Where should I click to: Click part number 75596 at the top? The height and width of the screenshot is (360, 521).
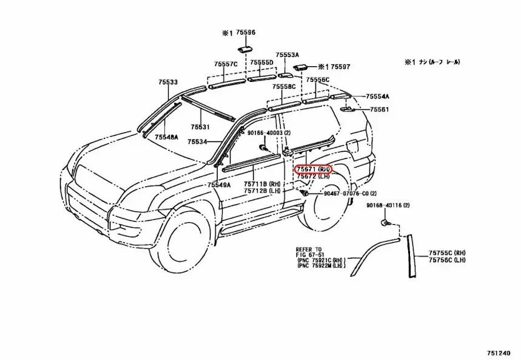click(246, 34)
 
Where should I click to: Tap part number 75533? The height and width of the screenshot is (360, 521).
click(168, 82)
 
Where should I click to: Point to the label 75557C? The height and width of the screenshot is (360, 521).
click(225, 64)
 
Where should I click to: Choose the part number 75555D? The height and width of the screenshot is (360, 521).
click(261, 63)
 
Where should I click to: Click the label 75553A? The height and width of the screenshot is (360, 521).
click(287, 54)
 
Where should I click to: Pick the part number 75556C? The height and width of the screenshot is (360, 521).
click(317, 80)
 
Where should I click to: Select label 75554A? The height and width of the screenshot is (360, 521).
click(377, 97)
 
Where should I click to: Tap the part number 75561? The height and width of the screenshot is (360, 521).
click(379, 109)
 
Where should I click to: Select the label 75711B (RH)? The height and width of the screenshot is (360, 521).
click(263, 184)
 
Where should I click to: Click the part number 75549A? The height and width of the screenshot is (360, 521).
click(218, 185)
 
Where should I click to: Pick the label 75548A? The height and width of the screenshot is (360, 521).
click(166, 138)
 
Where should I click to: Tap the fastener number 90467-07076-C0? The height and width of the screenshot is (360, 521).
click(341, 193)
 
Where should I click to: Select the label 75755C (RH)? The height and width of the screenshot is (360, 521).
click(447, 252)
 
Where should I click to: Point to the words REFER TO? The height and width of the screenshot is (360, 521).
click(309, 250)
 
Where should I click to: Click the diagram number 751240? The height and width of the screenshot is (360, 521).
click(502, 353)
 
